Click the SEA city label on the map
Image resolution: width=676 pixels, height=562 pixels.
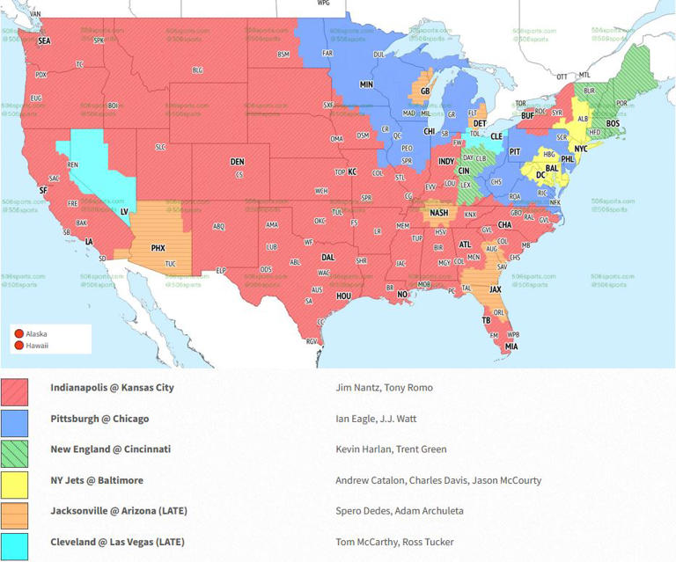(45, 40)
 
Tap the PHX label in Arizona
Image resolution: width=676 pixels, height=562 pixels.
(158, 248)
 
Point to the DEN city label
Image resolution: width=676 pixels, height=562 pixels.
(238, 162)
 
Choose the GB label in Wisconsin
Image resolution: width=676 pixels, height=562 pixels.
(425, 91)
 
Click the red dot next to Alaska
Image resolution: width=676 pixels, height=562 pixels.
(18, 333)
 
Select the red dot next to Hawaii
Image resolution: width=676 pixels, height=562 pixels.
(18, 346)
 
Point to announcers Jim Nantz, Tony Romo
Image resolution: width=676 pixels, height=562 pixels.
(384, 387)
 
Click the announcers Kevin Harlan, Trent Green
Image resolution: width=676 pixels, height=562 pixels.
(391, 449)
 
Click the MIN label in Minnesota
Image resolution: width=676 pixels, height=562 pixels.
(366, 85)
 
